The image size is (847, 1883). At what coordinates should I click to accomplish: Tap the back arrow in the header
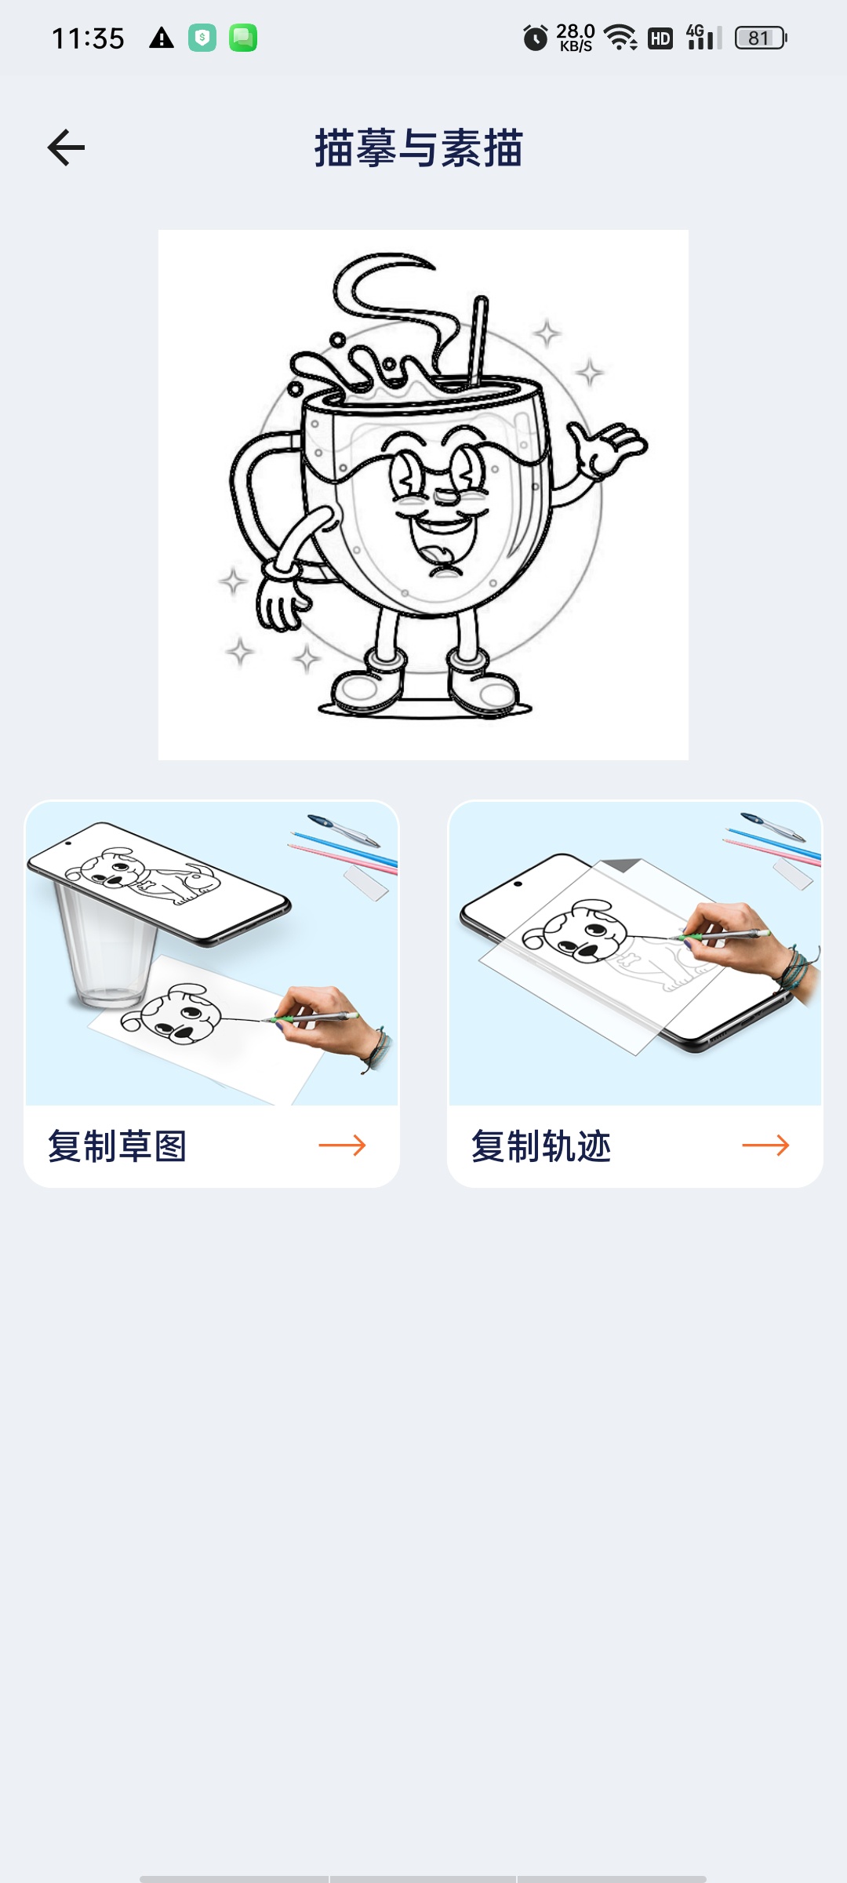(66, 148)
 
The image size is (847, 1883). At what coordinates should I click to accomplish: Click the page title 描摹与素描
(419, 148)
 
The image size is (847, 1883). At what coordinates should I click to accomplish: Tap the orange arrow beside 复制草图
(342, 1145)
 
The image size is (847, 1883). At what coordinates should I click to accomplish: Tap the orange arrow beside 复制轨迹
(765, 1145)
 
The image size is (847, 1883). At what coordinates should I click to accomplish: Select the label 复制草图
(118, 1146)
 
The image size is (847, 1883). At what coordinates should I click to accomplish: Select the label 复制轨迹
(541, 1146)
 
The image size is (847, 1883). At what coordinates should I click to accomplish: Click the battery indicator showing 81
(761, 38)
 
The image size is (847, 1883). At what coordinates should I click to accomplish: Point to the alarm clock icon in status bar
(536, 38)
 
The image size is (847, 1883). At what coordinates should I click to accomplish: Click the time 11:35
(88, 38)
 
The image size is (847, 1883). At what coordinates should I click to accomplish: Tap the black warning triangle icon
(162, 38)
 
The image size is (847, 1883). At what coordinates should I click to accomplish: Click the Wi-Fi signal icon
(621, 38)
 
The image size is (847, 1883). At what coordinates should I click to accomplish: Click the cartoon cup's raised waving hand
(606, 449)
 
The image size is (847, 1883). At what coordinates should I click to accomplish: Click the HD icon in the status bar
(660, 38)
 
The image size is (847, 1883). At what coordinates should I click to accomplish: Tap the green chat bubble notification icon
(243, 38)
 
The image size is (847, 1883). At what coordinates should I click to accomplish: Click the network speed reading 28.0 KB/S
(576, 37)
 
